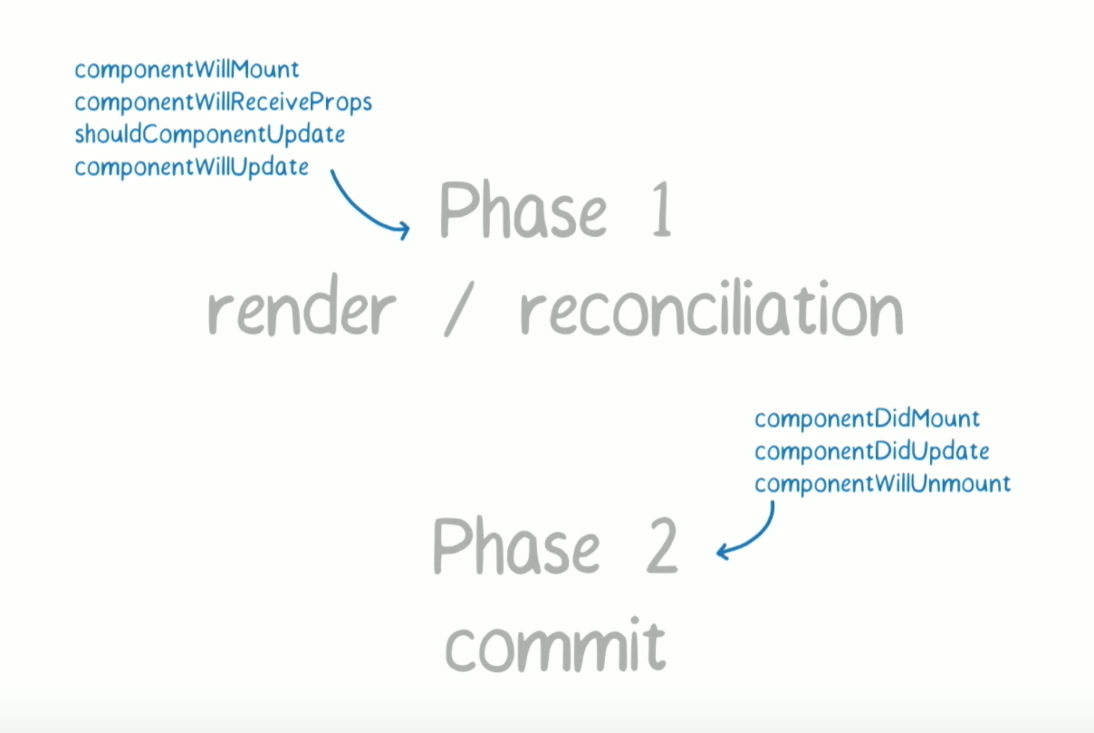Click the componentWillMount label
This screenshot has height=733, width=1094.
point(187,70)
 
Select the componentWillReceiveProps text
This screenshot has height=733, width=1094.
point(223,103)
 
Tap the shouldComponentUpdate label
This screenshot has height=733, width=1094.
point(210,135)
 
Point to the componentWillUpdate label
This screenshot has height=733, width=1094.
point(191,167)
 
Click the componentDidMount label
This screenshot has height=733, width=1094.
point(867,418)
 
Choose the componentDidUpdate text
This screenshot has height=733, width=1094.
point(872,452)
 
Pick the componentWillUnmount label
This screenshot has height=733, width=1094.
point(882,484)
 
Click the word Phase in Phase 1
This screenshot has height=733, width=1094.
point(523,210)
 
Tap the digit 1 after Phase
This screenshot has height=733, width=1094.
point(662,210)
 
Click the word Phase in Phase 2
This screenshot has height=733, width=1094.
point(516,546)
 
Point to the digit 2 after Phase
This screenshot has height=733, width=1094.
point(662,546)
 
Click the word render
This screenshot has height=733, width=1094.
point(301,311)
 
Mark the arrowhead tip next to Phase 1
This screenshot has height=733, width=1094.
point(409,229)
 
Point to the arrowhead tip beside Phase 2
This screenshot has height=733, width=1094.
point(717,552)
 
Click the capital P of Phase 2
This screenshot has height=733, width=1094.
point(451,546)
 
